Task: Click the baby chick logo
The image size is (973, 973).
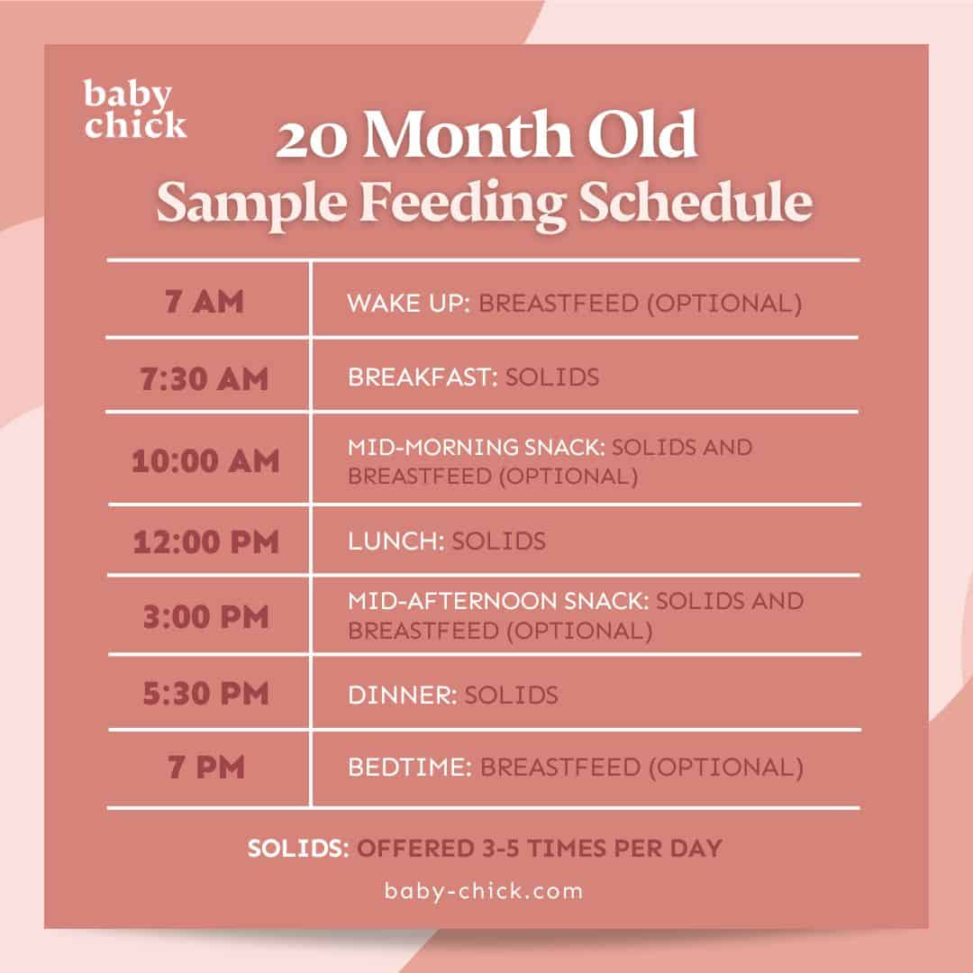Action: pos(135,109)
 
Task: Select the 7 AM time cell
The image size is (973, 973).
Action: pos(205,301)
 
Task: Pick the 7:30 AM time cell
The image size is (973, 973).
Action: pos(205,377)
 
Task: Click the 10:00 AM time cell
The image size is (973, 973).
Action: pos(205,460)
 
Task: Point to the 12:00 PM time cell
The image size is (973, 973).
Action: pos(205,541)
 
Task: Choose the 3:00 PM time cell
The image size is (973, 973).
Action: pos(205,616)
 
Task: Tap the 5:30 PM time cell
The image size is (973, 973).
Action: pos(205,695)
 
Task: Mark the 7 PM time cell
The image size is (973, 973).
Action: pos(205,768)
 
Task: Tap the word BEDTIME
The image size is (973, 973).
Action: pos(409,768)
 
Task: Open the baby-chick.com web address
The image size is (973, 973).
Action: pos(484,891)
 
